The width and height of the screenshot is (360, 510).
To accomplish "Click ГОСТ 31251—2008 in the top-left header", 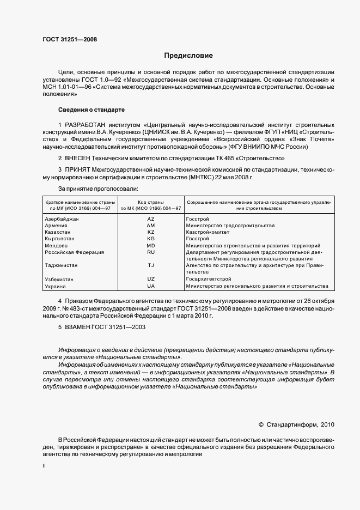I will coord(70,39).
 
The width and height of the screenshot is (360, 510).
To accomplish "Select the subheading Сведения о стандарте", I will coord(91,110).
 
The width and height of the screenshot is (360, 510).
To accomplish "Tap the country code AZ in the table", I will coord(151,218).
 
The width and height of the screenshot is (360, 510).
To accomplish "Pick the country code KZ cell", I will coord(151,232).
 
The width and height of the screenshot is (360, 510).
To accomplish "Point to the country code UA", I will coord(151,286).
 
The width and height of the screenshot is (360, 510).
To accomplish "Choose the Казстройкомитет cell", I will coord(211,232).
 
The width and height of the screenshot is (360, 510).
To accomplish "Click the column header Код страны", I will coord(151,202).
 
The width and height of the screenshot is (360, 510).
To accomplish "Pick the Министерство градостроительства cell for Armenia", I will coord(230,226).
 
